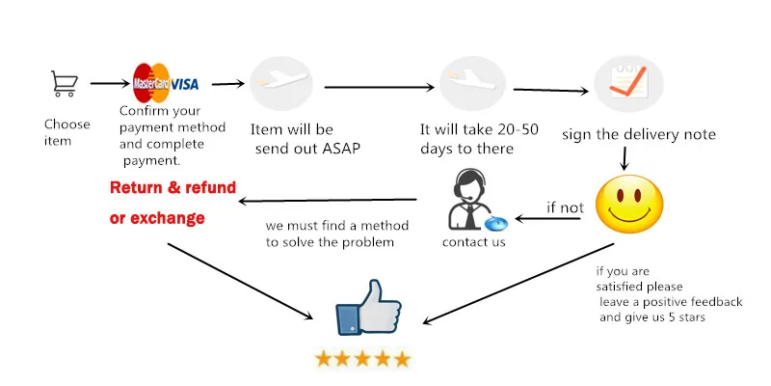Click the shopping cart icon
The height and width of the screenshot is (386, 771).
point(64,84)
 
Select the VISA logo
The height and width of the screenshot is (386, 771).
point(185,84)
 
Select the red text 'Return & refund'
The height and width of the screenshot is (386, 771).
point(173,187)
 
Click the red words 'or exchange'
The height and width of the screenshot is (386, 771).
point(157,218)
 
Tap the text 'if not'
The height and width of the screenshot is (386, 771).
point(565,207)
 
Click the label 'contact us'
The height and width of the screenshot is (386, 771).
point(473,242)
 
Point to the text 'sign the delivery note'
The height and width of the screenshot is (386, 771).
point(639,134)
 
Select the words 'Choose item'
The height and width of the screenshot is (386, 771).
point(66,132)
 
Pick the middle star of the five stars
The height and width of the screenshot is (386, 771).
point(362,359)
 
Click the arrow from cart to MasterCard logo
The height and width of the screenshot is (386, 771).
point(109,84)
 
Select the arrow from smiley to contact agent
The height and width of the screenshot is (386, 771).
point(548,219)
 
